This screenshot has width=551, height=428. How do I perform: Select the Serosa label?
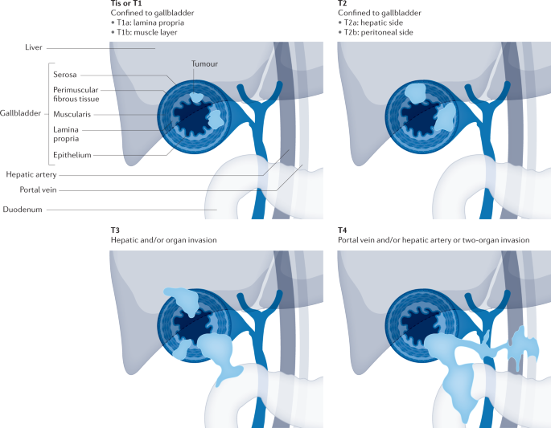tap(67, 75)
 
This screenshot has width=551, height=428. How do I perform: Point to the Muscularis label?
tap(72, 115)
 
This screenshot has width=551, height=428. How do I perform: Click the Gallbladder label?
tap(19, 114)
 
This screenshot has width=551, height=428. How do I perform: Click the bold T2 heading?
tap(343, 4)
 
